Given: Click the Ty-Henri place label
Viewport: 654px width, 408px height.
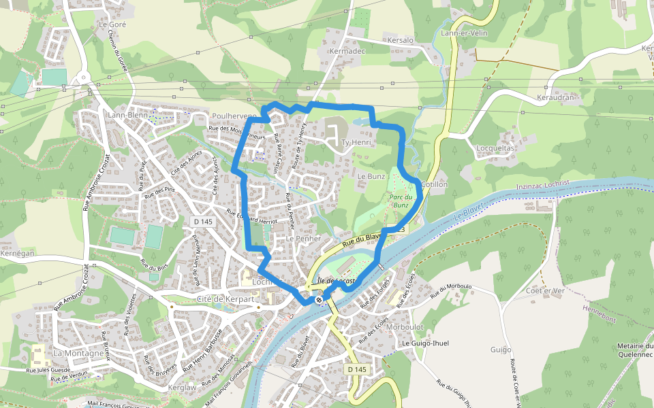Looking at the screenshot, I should pyautogui.click(x=356, y=143).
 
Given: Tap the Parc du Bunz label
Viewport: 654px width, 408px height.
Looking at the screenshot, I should pyautogui.click(x=400, y=200).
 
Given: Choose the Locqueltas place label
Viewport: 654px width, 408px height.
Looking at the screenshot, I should pyautogui.click(x=495, y=148).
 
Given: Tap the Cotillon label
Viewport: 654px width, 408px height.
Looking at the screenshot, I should pyautogui.click(x=434, y=184).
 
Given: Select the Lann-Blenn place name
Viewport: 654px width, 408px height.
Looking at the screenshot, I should pyautogui.click(x=127, y=116).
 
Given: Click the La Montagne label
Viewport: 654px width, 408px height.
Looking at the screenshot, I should pyautogui.click(x=78, y=354).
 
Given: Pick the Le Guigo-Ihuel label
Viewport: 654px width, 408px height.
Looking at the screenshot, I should pyautogui.click(x=426, y=343).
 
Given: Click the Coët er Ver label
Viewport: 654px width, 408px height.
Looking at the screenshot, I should pyautogui.click(x=546, y=291).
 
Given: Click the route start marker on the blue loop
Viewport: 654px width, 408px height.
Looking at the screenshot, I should pyautogui.click(x=319, y=299).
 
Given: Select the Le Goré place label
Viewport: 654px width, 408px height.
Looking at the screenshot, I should pyautogui.click(x=112, y=24).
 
